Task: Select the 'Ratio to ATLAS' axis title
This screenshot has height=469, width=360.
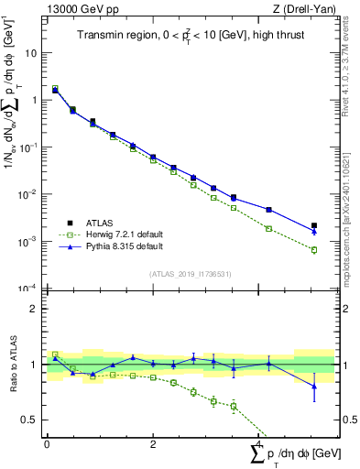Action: click(12, 364)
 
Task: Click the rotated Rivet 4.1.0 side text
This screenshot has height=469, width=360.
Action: click(340, 64)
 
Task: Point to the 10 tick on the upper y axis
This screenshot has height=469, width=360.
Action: click(32, 52)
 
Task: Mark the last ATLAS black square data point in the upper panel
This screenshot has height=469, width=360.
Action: click(314, 225)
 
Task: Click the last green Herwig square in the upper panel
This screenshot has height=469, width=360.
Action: click(314, 250)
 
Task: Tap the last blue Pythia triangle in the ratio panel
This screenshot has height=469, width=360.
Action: click(314, 387)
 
